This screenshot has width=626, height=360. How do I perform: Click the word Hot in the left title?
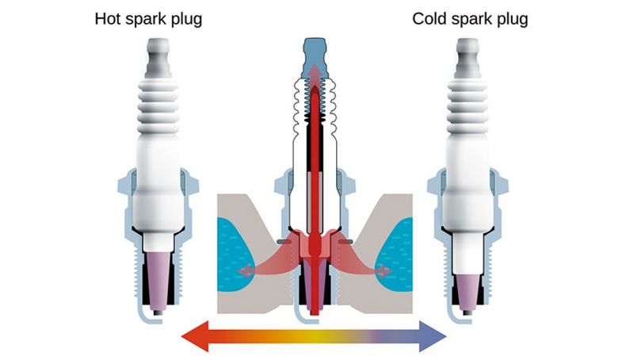tap(107, 19)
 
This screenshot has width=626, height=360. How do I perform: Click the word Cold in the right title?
tap(429, 19)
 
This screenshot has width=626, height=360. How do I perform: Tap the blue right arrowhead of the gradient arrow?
tap(433, 336)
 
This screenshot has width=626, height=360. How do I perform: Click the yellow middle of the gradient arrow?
tap(315, 336)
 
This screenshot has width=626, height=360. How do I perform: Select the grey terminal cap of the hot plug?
tap(158, 58)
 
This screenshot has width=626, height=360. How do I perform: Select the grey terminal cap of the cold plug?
tap(468, 58)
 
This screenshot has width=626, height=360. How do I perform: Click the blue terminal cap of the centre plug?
tap(315, 59)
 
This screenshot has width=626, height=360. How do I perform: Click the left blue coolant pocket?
tap(234, 254)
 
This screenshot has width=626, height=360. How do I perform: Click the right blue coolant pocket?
tap(395, 254)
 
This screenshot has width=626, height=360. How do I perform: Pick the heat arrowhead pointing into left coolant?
tap(245, 272)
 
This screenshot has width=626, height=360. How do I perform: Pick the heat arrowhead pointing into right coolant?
tap(384, 272)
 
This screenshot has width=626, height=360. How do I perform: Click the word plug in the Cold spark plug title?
tap(513, 20)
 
